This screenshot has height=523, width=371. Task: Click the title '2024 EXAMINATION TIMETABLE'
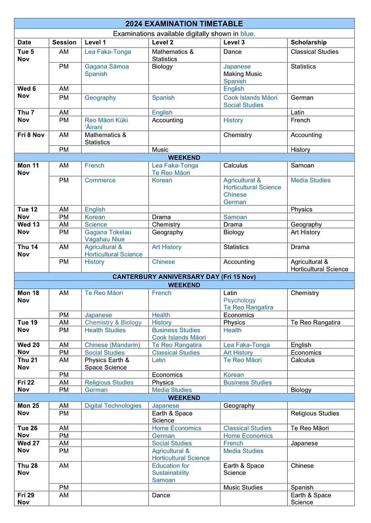(x=184, y=24)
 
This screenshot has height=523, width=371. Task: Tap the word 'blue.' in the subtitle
(x=248, y=33)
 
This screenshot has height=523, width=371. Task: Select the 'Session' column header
(x=64, y=42)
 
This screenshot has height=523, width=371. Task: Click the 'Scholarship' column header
(x=309, y=42)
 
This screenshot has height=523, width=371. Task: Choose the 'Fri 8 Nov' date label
(x=31, y=135)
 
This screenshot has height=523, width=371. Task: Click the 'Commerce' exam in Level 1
(x=100, y=180)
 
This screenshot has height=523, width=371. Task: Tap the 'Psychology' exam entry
(x=239, y=300)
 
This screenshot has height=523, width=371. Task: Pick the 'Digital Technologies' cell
(x=113, y=406)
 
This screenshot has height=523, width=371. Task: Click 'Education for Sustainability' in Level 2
(x=170, y=469)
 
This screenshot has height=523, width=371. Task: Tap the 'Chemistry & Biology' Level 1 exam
(x=113, y=323)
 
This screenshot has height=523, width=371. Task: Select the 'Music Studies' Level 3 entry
(x=243, y=487)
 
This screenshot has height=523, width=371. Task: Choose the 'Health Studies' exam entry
(x=105, y=330)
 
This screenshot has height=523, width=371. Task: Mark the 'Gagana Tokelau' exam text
(x=108, y=232)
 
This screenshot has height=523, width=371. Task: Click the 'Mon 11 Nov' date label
(x=28, y=169)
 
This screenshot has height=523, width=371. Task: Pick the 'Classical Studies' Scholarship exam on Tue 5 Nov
(x=314, y=52)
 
